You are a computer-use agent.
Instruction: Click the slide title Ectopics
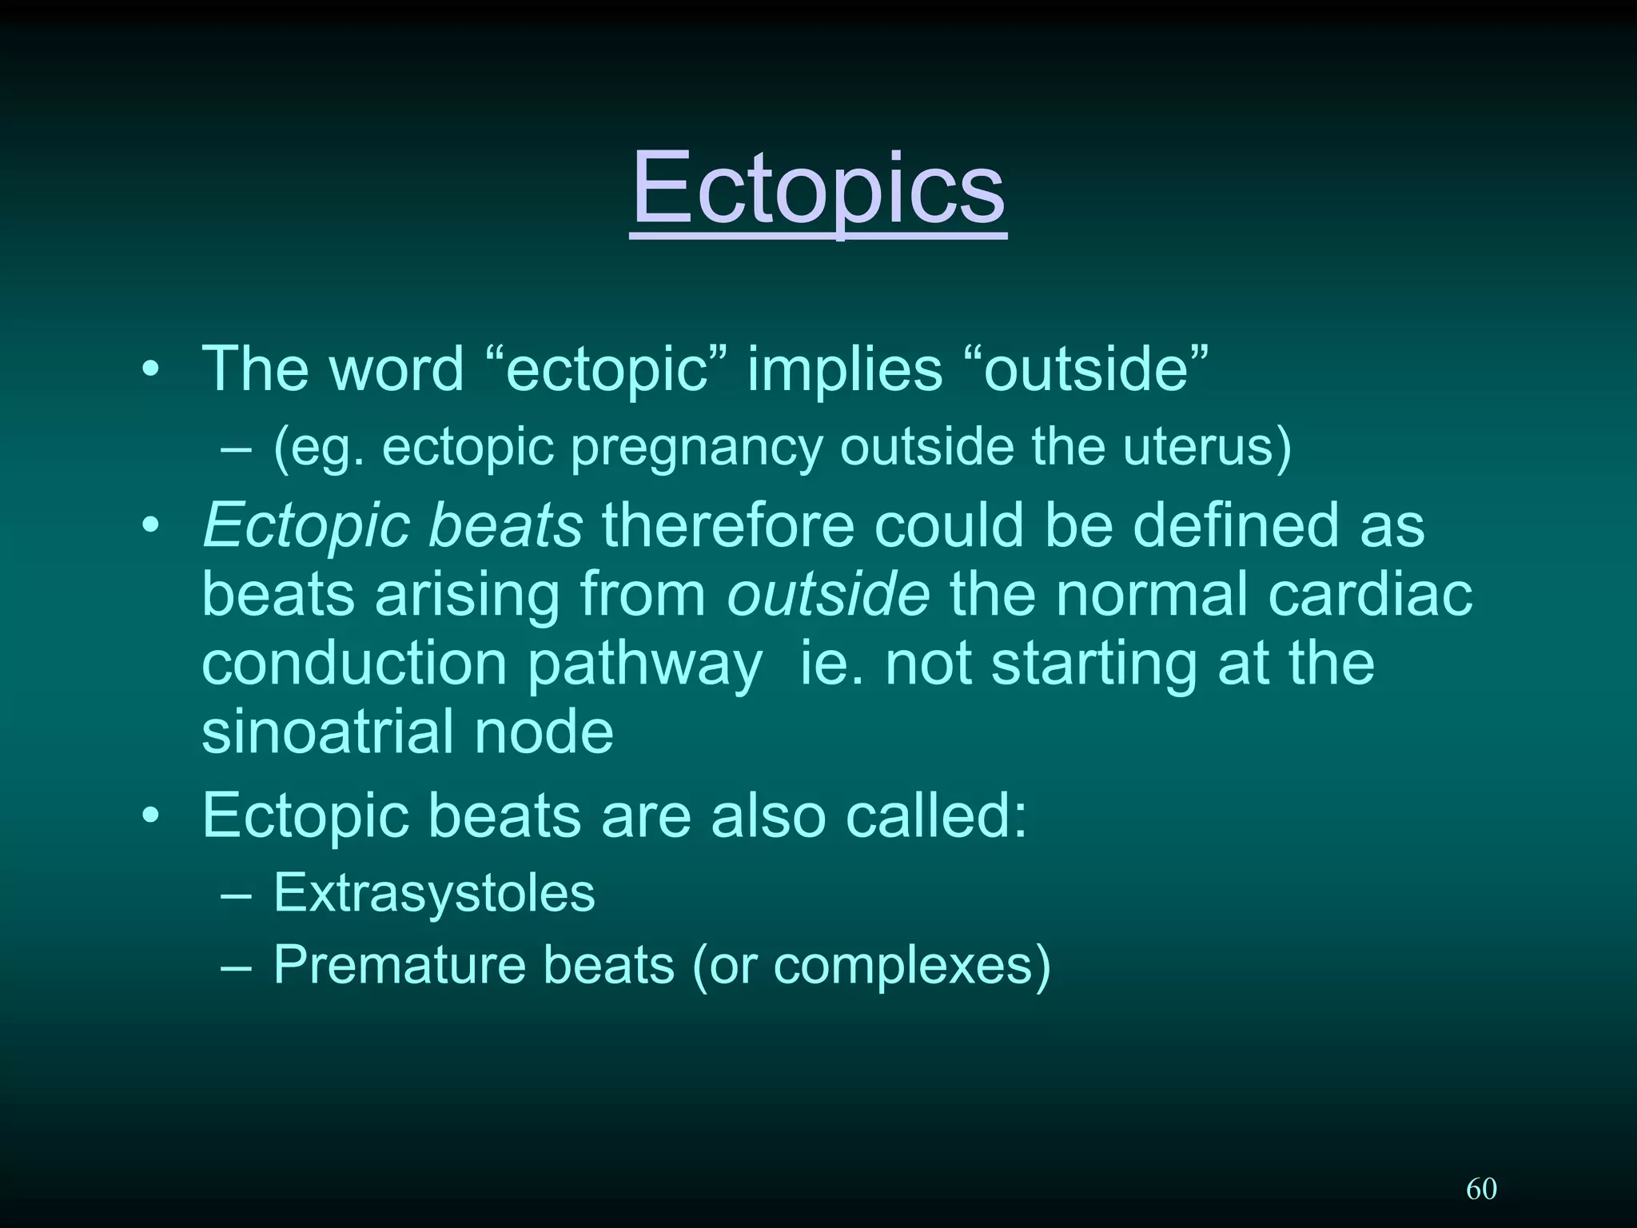[818, 190]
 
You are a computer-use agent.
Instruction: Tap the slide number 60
[1481, 1189]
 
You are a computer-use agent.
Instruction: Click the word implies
[845, 369]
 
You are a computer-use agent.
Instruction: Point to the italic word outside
[828, 595]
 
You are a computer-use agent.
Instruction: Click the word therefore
[727, 526]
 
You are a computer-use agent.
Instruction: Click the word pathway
[645, 665]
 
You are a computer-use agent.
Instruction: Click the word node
[544, 732]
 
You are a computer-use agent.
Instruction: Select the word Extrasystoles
[434, 893]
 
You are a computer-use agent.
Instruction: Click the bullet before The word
[150, 371]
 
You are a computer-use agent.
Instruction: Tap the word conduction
[354, 664]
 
